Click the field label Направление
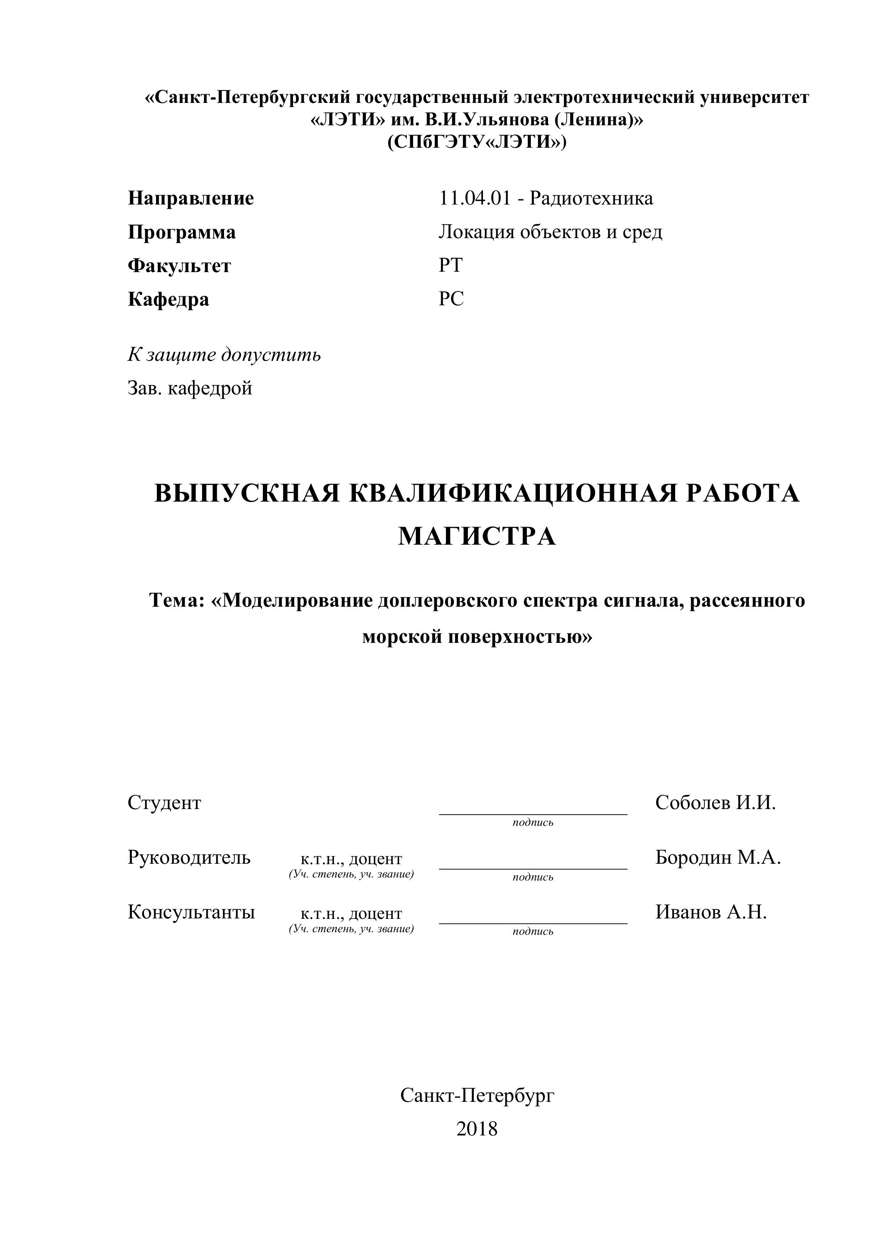pos(191,198)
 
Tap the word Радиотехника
pos(592,198)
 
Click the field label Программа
pos(181,233)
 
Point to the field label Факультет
pos(179,266)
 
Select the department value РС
pos(451,299)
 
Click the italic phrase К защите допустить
pos(224,355)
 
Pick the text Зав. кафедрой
pos(190,388)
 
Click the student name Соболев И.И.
pos(716,803)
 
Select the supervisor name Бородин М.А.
pos(718,857)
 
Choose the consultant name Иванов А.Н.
pos(711,912)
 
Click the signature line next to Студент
pos(533,814)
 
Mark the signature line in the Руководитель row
pos(533,868)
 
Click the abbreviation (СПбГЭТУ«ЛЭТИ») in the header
pos(477,143)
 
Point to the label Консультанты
pos(191,912)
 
